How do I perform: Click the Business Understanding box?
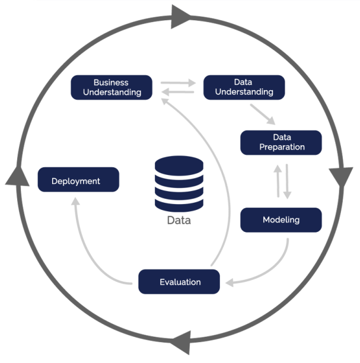112,87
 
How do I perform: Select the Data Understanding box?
244,87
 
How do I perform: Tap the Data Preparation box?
281,142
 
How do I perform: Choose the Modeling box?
281,220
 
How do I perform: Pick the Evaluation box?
179,282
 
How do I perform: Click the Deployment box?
78,180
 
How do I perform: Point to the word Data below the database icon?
179,221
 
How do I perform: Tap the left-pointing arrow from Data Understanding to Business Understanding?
178,92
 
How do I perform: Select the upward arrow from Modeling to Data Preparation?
277,181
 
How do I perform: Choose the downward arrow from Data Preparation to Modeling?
287,181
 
